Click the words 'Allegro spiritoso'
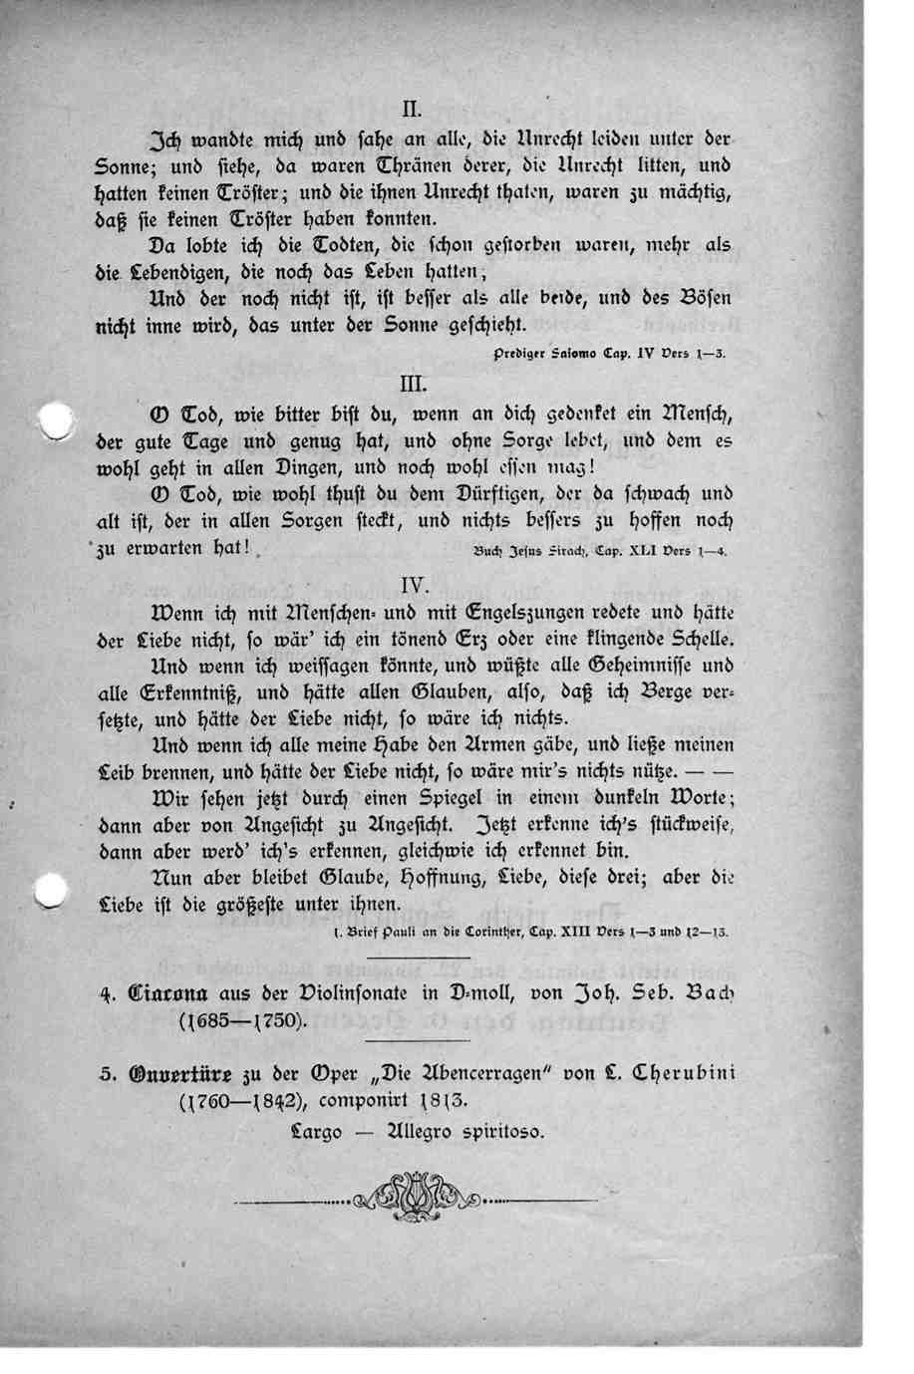coord(457,1132)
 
